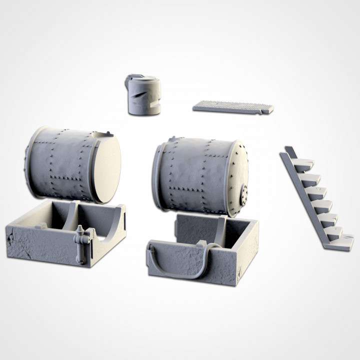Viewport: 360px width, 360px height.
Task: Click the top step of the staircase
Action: (303, 163)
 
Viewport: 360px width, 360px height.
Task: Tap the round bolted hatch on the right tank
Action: (244, 191)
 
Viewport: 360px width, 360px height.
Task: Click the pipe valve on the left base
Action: (80, 239)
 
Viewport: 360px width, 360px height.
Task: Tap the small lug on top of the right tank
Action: (173, 139)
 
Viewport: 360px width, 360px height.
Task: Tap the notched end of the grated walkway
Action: (267, 108)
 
